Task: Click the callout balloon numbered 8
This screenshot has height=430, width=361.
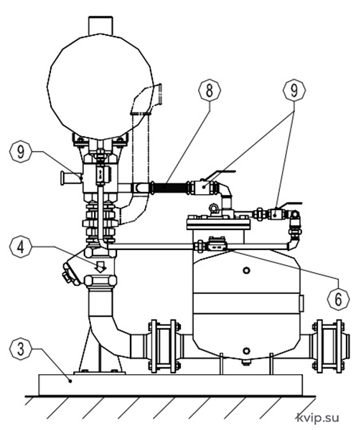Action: (210, 90)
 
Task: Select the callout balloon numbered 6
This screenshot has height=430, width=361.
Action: (339, 298)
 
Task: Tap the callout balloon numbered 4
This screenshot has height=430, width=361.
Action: (20, 247)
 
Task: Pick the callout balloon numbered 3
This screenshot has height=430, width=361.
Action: (20, 348)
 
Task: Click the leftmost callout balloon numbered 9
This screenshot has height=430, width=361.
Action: (20, 152)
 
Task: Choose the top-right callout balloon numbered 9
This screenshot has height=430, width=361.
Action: (294, 90)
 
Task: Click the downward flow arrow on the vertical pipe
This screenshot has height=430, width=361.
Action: (100, 267)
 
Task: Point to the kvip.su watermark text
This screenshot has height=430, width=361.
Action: (319, 418)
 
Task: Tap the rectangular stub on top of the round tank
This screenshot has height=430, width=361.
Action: (100, 25)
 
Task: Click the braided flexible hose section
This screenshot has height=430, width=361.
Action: (169, 188)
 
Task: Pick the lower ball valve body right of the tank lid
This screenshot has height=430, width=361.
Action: (275, 214)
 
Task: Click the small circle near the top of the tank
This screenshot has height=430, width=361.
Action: (246, 270)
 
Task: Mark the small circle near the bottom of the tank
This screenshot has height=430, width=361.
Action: (246, 350)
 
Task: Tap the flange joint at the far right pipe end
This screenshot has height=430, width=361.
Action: (329, 346)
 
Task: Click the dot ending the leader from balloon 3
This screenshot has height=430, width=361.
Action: (71, 381)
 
